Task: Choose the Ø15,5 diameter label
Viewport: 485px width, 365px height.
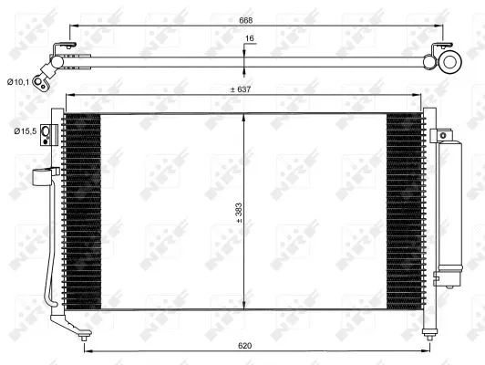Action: click(25, 131)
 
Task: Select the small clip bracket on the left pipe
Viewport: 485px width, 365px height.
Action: click(41, 177)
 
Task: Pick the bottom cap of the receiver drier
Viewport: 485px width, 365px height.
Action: click(447, 276)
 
